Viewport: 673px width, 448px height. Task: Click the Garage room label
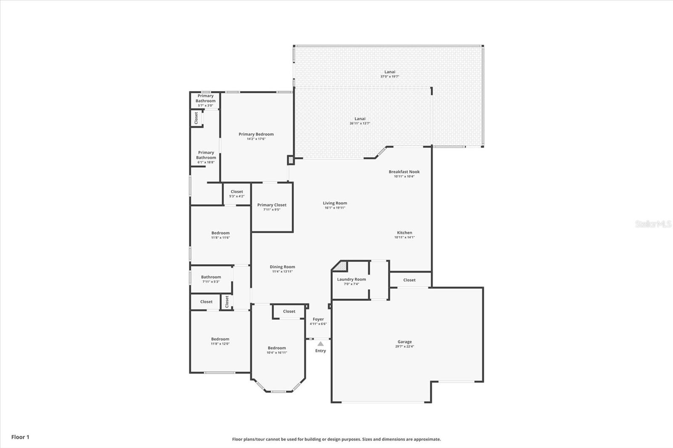(404, 342)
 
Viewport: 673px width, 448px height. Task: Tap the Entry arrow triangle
(321, 344)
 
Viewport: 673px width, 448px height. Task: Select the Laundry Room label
(351, 279)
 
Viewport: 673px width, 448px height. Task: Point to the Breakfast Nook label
(404, 172)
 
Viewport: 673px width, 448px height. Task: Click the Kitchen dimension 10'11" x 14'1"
(404, 237)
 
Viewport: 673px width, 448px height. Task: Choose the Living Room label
(335, 203)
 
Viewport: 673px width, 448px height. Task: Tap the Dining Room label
(282, 267)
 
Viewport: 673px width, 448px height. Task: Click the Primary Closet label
(272, 205)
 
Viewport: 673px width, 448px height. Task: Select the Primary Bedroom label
(256, 134)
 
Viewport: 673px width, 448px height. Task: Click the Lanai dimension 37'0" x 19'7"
(389, 76)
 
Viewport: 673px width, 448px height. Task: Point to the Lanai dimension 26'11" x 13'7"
(360, 124)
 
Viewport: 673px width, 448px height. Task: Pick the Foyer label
(318, 319)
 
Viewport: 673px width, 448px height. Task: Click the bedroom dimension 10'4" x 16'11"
(277, 353)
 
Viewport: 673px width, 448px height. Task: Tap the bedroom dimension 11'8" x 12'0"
(220, 344)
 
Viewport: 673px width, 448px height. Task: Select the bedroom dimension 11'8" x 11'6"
(220, 237)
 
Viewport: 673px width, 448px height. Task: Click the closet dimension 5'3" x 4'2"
(237, 196)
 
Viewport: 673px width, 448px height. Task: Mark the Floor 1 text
(21, 437)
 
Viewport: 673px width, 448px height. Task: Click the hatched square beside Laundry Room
(342, 266)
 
